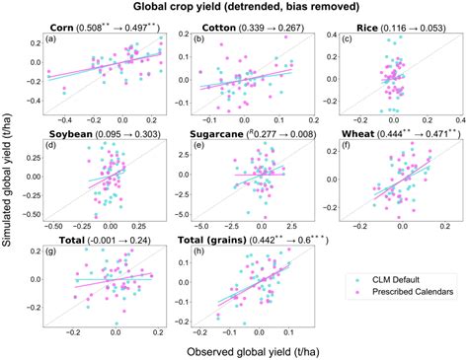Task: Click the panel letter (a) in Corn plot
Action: (51, 39)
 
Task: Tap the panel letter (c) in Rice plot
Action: (347, 39)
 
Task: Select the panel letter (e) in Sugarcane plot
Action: (198, 145)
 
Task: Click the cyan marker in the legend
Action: (353, 280)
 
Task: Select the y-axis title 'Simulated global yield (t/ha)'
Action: (9, 182)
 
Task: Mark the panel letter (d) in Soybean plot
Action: (51, 145)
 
